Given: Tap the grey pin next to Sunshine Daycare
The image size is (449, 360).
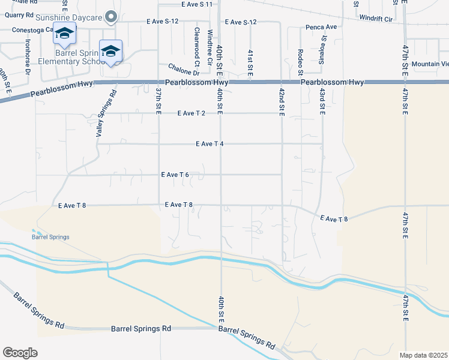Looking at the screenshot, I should [x=110, y=17].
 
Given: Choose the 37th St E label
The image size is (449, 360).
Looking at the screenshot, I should [x=158, y=101].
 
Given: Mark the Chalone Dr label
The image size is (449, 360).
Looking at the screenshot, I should [x=182, y=70].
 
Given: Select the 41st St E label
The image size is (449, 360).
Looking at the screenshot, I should [x=250, y=63].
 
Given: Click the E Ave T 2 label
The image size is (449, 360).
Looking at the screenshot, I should [x=192, y=113].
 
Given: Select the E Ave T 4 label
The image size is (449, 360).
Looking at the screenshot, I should [x=209, y=144].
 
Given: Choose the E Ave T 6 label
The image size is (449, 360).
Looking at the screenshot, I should [x=175, y=175].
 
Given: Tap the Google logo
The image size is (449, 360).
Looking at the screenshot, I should [x=20, y=353].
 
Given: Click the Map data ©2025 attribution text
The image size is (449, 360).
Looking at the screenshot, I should [x=423, y=355].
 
